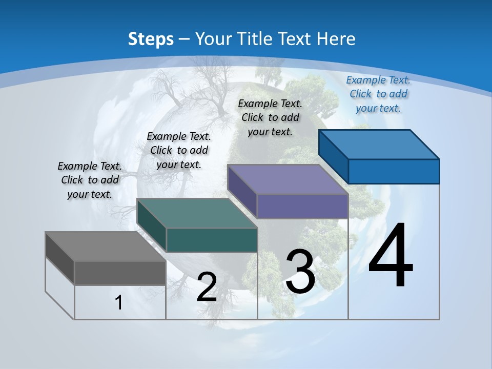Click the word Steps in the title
point(151,39)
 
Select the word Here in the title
point(337,39)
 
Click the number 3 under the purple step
point(300,271)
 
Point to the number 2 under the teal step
point(207,287)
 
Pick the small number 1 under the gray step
point(119,302)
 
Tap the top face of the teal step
point(197,213)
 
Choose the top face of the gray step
point(106,247)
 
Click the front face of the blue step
point(394,171)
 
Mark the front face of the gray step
point(120,273)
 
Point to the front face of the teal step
point(212,240)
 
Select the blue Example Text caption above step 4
point(378,94)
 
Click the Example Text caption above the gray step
point(90,180)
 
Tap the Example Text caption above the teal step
point(179,150)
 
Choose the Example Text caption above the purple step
point(270,117)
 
